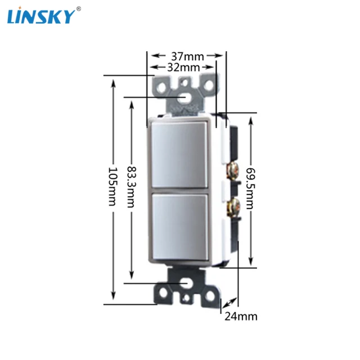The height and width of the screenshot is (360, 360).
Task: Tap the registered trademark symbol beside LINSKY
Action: pyautogui.click(x=78, y=8)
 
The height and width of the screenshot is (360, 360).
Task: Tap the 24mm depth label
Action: pyautogui.click(x=241, y=316)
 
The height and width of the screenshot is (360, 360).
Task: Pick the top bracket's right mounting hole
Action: pyautogui.click(x=208, y=86)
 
